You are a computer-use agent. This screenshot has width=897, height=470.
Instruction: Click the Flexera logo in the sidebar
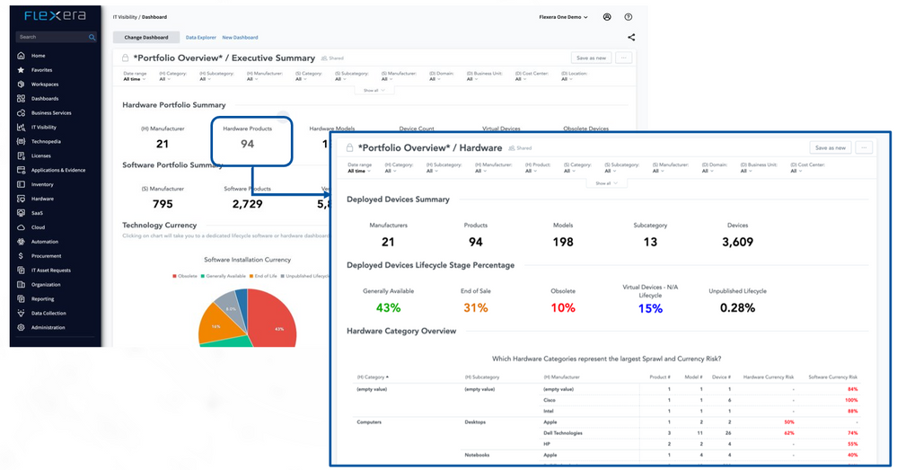[x=56, y=16]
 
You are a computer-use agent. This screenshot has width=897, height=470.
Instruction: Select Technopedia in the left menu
[x=46, y=141]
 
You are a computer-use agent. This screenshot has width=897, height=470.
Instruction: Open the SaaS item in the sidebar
[x=38, y=213]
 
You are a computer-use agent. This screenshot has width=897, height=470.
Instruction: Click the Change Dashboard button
[x=145, y=38]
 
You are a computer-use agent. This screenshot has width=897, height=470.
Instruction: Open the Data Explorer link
[x=200, y=38]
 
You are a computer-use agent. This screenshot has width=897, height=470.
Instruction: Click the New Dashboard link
[x=240, y=38]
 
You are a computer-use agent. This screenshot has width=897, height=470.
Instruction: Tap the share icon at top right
[x=631, y=38]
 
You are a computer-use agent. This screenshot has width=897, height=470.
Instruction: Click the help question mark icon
[x=629, y=16]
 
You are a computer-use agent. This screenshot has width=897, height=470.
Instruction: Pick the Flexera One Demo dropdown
[x=563, y=16]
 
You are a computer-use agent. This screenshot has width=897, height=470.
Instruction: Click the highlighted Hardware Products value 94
[x=247, y=144]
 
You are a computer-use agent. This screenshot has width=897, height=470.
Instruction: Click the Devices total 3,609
[x=737, y=242]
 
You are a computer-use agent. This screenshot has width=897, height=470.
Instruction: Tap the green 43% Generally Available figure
[x=388, y=308]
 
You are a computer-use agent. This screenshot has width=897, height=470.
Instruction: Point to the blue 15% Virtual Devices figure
[x=650, y=308]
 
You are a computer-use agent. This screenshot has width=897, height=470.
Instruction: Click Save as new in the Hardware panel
[x=829, y=147]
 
